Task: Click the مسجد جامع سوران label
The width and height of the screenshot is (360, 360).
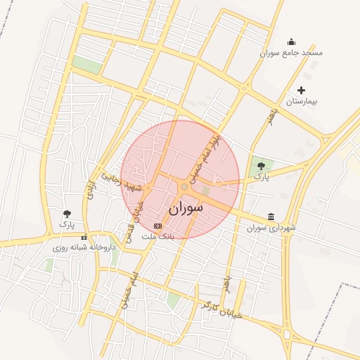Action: [x=290, y=53]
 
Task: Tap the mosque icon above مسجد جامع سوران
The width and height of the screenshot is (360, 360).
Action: [x=292, y=42]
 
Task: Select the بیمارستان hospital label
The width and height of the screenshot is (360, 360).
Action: [x=301, y=102]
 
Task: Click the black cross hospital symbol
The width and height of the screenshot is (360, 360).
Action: [x=302, y=90]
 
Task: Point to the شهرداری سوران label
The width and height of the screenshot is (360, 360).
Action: [x=272, y=228]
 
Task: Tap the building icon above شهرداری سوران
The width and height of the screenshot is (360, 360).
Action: [x=271, y=217]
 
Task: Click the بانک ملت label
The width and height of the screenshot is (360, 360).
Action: [x=157, y=237]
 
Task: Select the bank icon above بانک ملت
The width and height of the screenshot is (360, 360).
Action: [x=157, y=226]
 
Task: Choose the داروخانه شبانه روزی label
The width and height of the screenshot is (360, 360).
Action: [x=84, y=247]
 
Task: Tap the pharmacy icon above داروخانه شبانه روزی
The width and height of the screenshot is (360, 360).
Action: [x=84, y=237]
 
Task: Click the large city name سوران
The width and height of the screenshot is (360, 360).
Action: [x=186, y=208]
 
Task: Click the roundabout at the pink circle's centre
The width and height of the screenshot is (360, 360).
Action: [x=184, y=187]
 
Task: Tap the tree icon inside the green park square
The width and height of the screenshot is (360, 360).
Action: [x=262, y=166]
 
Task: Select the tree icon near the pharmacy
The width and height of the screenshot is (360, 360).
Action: [x=67, y=213]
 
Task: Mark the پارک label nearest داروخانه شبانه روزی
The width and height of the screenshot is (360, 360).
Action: [x=67, y=225]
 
